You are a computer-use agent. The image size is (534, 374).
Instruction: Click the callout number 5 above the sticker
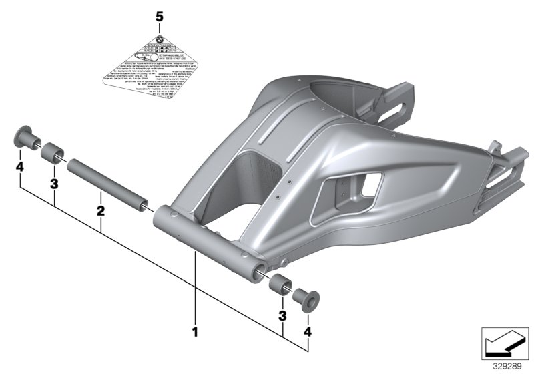(159, 15)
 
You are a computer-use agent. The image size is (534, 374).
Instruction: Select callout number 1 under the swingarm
(195, 330)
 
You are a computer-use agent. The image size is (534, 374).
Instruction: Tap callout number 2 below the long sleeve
(100, 211)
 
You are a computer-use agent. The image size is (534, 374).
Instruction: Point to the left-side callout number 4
(21, 166)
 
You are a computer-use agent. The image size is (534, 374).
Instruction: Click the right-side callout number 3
(282, 315)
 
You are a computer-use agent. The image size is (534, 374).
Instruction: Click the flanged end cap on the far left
(25, 142)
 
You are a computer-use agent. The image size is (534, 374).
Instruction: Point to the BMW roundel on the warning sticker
(159, 40)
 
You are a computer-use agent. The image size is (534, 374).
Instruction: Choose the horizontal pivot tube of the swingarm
(207, 240)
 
